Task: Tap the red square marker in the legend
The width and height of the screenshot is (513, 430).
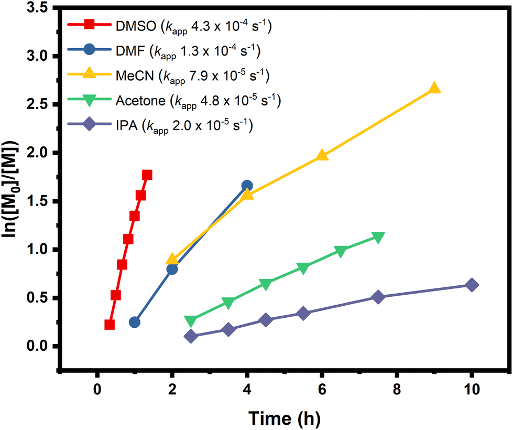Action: click(89, 25)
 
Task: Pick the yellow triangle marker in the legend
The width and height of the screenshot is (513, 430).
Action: click(89, 75)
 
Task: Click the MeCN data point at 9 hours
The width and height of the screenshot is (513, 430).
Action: click(434, 89)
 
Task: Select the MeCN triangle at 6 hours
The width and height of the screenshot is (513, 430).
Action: click(322, 156)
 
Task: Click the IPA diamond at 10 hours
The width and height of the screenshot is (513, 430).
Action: click(472, 285)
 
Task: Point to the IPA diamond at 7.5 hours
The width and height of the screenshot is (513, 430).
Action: click(378, 297)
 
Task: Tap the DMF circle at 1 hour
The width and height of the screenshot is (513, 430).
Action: click(135, 322)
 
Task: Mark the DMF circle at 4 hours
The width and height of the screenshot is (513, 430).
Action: click(247, 186)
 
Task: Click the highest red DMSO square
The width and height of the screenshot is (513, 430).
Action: click(147, 175)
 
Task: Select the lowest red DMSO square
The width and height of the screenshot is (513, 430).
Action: click(110, 325)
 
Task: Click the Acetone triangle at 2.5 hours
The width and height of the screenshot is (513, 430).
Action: click(191, 321)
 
